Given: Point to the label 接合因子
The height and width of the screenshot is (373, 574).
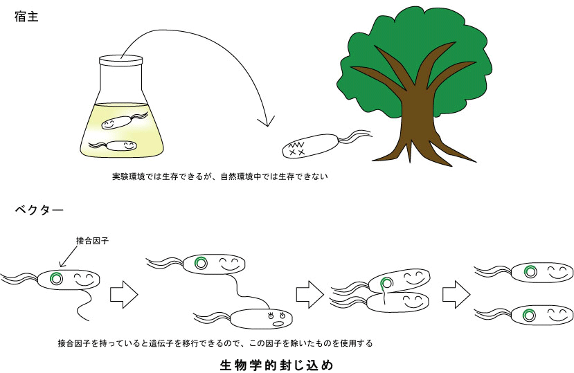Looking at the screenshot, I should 93,241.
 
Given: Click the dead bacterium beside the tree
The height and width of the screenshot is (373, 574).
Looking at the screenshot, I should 311,146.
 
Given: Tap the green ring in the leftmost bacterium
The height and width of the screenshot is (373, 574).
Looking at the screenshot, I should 55,278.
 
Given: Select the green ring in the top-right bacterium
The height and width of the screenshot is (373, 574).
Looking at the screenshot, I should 531,271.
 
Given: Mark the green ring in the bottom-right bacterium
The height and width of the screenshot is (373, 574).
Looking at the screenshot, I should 530,315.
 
